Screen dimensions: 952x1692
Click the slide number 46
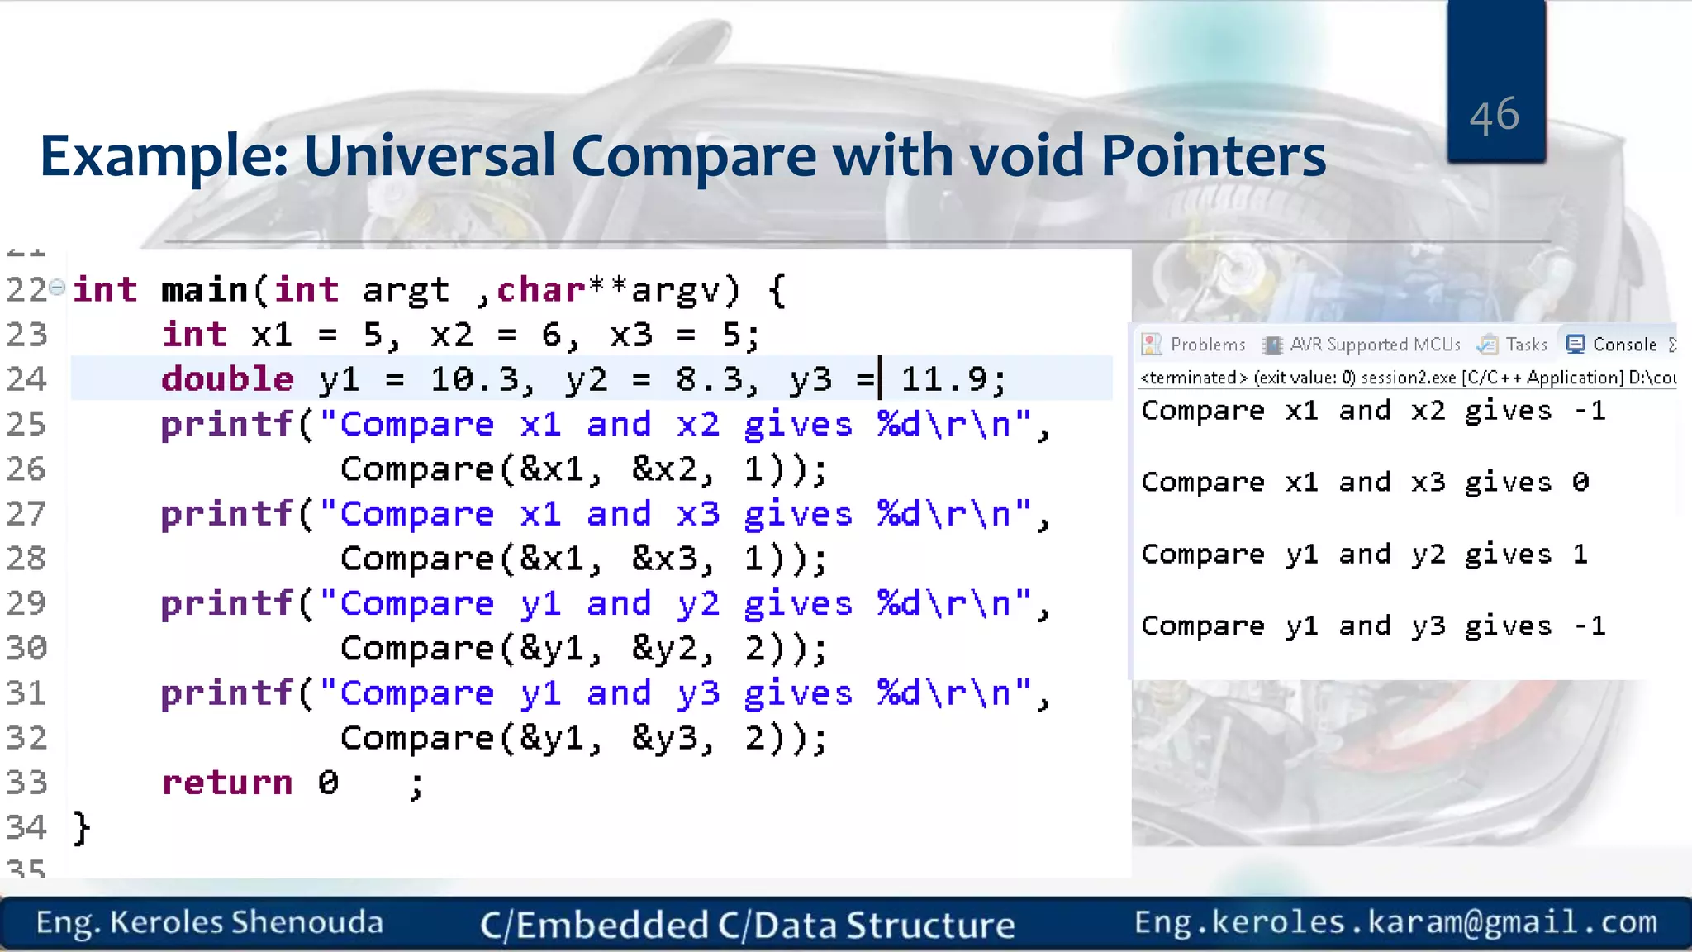1494,116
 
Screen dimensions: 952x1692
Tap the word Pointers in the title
1213,156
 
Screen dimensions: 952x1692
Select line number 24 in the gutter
26,379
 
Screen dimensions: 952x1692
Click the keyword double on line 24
227,379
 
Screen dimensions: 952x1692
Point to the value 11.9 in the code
943,379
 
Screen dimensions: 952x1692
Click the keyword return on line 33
227,783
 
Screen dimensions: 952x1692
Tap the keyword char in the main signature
540,290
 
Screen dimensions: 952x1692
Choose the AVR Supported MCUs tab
1363,345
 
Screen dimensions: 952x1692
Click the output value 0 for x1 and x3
1580,483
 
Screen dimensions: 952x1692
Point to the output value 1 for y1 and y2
1580,555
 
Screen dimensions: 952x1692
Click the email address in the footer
1395,922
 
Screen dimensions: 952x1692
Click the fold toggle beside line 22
57,288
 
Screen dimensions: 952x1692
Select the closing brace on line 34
81,827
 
